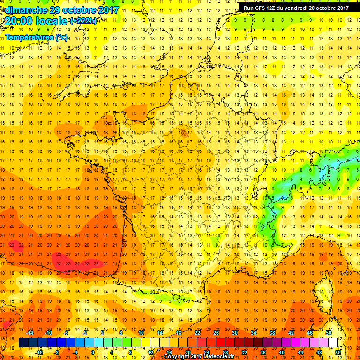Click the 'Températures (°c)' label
(x=36, y=37)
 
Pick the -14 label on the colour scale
(x=30, y=332)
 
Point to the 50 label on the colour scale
(x=329, y=332)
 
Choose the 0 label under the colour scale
(x=92, y=352)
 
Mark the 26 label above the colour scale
(x=216, y=332)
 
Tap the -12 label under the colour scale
(x=39, y=352)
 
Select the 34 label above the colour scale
(x=254, y=332)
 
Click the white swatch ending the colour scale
(x=333, y=343)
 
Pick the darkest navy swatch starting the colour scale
(x=23, y=343)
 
